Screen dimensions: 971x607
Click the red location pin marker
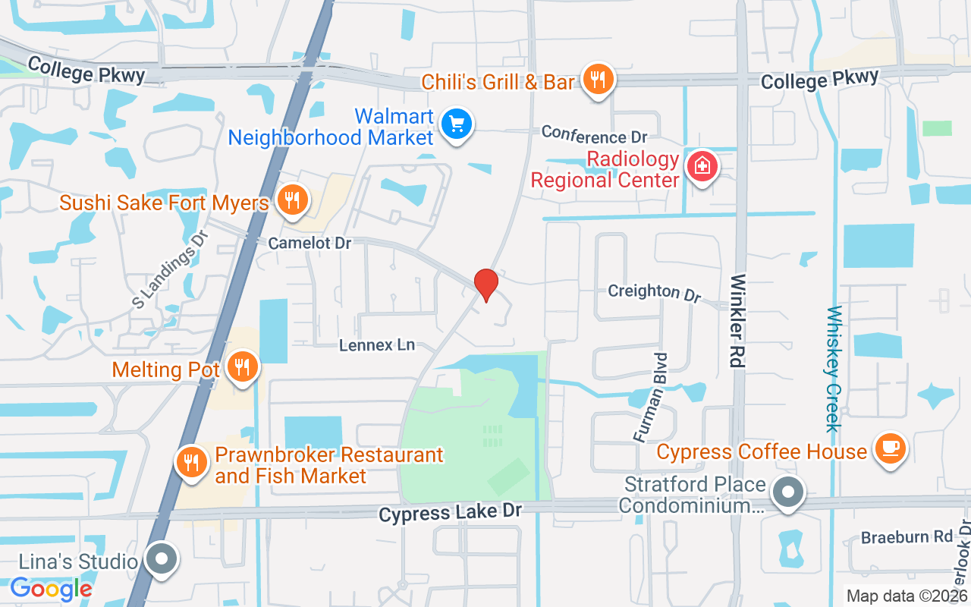(485, 284)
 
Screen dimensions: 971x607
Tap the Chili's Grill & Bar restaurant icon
(598, 79)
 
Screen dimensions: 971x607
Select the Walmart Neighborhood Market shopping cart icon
(456, 124)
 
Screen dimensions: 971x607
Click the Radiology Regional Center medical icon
(702, 165)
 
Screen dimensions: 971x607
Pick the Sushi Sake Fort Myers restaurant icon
(291, 200)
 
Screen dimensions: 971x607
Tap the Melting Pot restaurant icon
(242, 367)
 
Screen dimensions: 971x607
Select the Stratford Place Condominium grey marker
(788, 492)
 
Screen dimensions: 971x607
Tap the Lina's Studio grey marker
(161, 560)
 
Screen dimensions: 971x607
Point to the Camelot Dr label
(310, 244)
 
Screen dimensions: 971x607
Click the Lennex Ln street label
(377, 345)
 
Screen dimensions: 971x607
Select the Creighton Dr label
(655, 292)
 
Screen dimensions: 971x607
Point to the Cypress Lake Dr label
(450, 512)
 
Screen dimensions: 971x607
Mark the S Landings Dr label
(170, 270)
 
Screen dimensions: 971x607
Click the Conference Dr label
(594, 137)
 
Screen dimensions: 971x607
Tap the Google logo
(51, 588)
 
